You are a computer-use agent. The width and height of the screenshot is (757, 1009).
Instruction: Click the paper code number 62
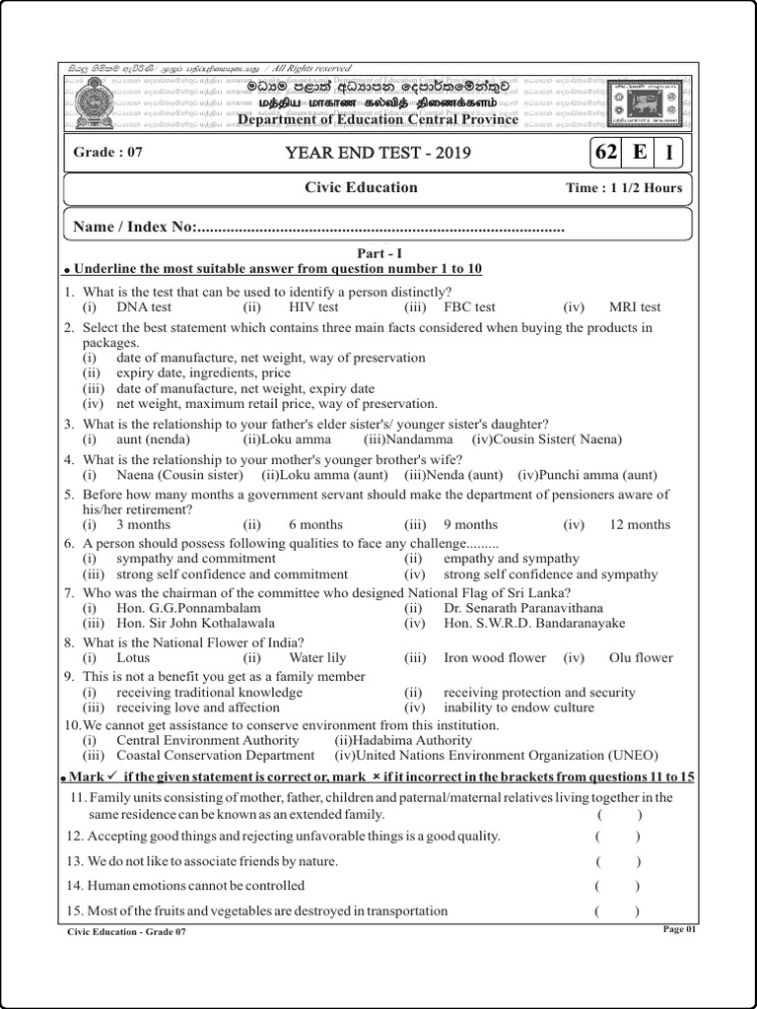tap(604, 153)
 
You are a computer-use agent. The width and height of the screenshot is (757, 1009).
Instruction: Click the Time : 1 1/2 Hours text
tap(624, 188)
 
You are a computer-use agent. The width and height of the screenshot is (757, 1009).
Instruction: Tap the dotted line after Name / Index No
tap(380, 229)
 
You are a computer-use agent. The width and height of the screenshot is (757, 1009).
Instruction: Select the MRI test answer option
tap(635, 307)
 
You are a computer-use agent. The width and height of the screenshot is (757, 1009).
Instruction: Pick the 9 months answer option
tap(470, 525)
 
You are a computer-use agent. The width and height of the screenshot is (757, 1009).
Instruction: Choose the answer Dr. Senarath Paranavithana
tap(523, 608)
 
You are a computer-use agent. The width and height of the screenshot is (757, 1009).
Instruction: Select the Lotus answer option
tap(133, 658)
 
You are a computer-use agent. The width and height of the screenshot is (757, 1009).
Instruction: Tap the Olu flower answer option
tap(641, 658)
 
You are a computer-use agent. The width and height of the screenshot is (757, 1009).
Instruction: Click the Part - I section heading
tap(378, 253)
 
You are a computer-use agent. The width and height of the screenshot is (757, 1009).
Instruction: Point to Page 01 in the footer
tap(679, 929)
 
